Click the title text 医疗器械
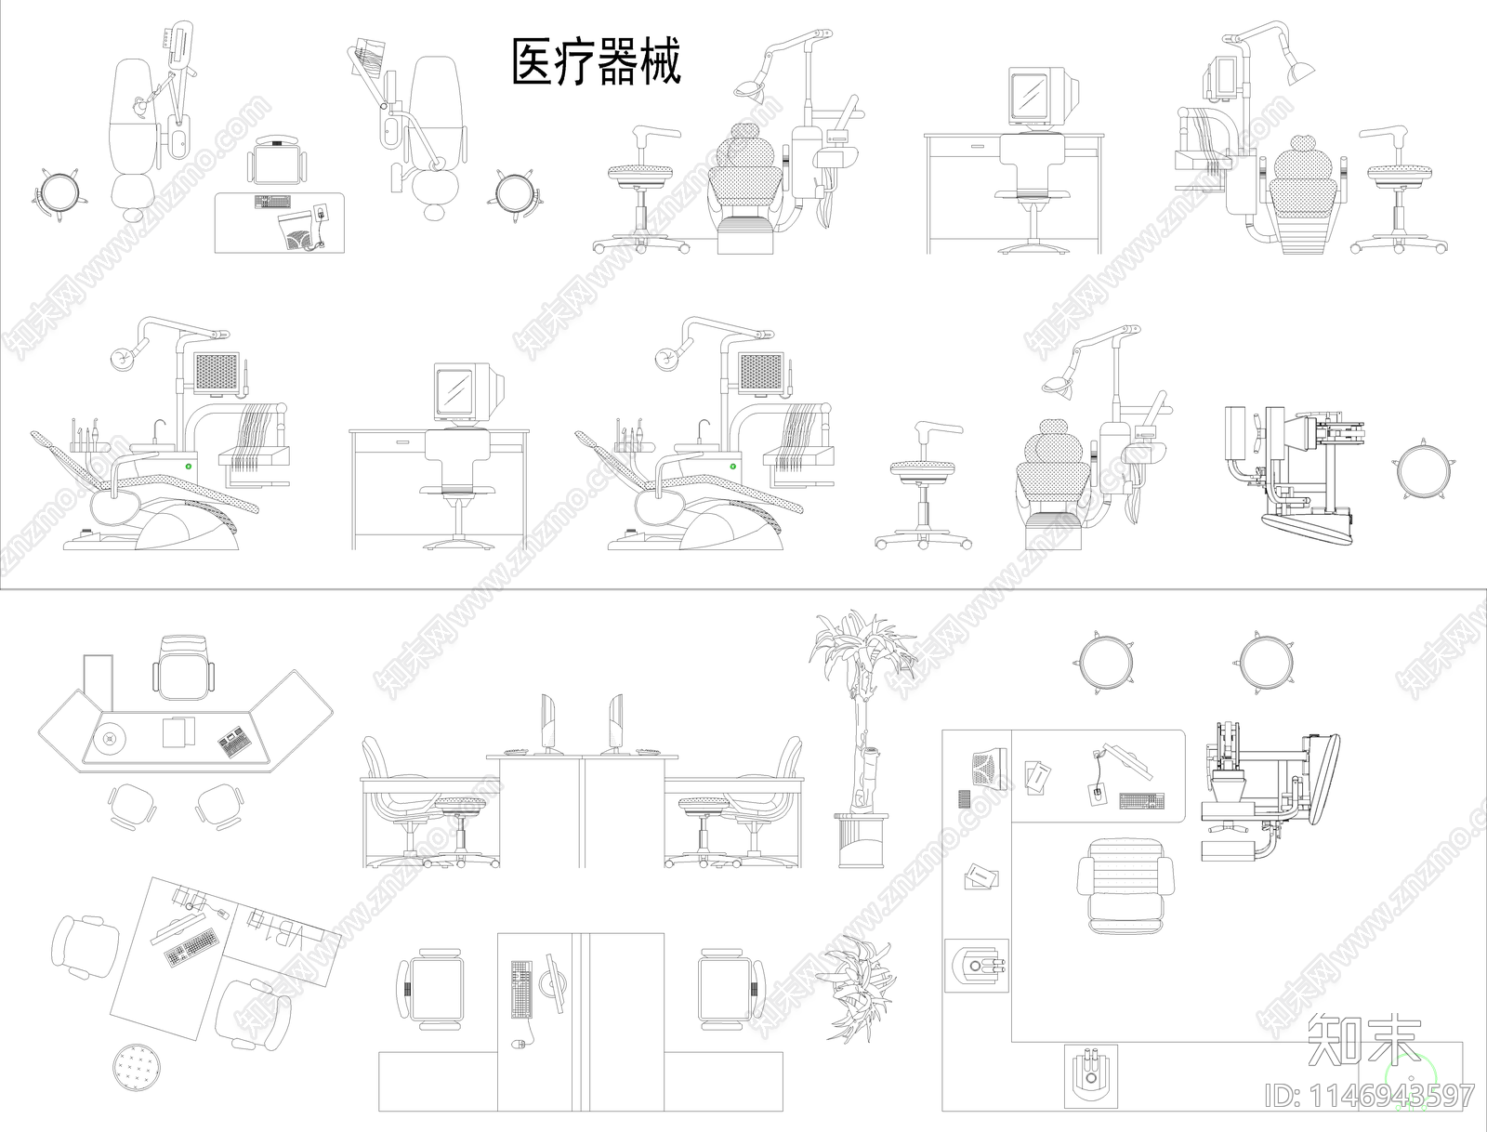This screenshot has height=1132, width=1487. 597,62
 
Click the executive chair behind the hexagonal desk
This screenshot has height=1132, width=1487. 185,666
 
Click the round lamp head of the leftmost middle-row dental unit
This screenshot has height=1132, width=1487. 121,357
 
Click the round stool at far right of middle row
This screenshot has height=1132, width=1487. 1422,470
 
